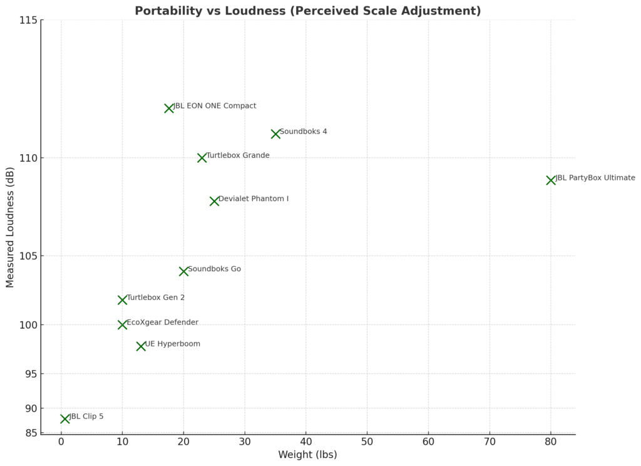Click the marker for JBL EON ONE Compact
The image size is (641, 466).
[168, 108]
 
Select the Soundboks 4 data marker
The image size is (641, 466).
[275, 134]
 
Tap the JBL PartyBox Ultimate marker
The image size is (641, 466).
[551, 180]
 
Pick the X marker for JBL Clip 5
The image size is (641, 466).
[64, 418]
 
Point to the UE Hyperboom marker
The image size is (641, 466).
[141, 346]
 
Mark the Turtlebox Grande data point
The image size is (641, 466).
[202, 158]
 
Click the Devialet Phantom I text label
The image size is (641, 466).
[254, 199]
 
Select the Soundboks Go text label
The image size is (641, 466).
[214, 269]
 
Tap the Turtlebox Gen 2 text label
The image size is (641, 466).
[155, 298]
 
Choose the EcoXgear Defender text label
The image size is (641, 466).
[162, 323]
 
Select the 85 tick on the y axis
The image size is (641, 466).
[30, 433]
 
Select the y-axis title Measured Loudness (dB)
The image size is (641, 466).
[10, 227]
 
